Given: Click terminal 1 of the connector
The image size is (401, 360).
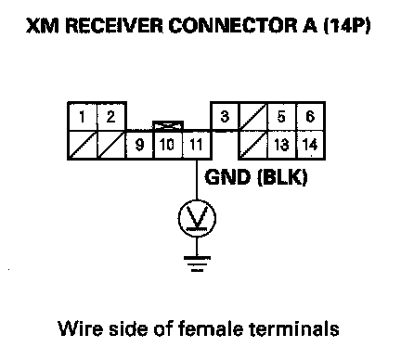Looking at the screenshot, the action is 83,117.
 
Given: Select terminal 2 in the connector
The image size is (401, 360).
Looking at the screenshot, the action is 111,117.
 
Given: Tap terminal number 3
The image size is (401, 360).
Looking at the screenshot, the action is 225,117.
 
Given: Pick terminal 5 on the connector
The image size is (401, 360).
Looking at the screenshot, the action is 281,117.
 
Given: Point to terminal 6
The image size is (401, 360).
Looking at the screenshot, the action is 310,117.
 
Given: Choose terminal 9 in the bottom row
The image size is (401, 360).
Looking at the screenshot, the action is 140,145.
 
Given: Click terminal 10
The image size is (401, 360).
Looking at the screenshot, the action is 167,145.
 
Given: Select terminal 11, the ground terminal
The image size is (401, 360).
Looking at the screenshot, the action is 196,145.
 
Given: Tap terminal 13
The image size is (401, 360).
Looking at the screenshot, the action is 281,145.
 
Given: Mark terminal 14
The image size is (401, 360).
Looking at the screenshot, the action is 310,145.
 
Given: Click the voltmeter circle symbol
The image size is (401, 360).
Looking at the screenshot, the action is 197,218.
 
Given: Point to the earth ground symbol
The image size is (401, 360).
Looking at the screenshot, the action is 197,264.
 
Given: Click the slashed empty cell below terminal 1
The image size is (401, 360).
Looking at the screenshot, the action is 83,145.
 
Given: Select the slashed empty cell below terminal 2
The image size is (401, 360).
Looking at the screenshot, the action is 111,145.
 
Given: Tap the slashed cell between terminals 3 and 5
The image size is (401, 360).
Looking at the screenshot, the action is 252,117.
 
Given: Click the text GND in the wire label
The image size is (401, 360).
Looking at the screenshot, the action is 227,177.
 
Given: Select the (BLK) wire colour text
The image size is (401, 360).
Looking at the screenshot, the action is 282,177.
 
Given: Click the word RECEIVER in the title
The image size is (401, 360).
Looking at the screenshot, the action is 114,26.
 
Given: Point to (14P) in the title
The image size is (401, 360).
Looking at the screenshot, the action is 346,26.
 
